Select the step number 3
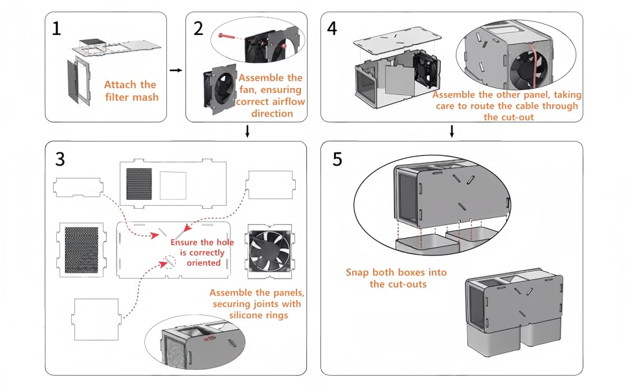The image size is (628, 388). [x=60, y=158]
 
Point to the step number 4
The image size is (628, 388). [x=332, y=28]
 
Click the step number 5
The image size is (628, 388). [x=337, y=158]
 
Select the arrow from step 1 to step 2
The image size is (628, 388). [x=175, y=69]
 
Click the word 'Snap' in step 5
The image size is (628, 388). [x=357, y=272]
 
